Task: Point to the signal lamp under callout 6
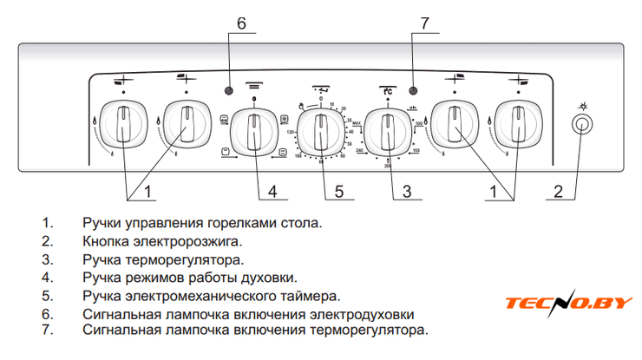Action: coord(229,90)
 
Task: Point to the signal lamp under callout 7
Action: coord(413,90)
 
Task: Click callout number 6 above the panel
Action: coord(241,24)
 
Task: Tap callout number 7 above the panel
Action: coord(424,24)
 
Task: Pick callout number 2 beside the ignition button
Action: coord(559,190)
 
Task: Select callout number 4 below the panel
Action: coord(272,190)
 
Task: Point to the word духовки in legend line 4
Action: coord(270,278)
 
